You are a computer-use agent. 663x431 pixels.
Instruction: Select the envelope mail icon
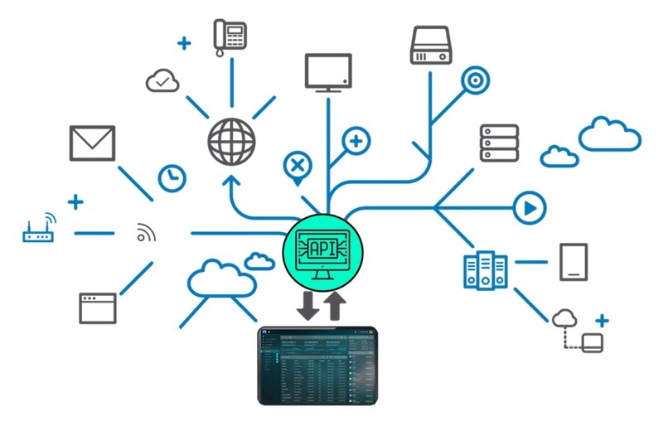coord(92,143)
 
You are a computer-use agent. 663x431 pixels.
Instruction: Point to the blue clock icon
coord(172,177)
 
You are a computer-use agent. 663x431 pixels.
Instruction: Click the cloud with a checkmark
coord(162,80)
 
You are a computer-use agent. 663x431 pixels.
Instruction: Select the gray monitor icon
coord(328,72)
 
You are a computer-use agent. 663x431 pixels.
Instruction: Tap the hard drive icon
coord(433,45)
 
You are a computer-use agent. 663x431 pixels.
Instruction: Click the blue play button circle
coord(527,207)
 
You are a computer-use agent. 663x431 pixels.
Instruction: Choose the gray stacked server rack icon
coord(499,143)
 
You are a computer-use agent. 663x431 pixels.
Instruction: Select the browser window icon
coord(98,308)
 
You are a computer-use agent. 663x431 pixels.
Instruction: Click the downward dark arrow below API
coord(307,307)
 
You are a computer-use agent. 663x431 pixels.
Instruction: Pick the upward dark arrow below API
coord(335,304)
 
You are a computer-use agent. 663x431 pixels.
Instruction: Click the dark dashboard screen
coord(318,365)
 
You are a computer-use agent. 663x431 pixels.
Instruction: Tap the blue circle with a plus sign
coord(356,141)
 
